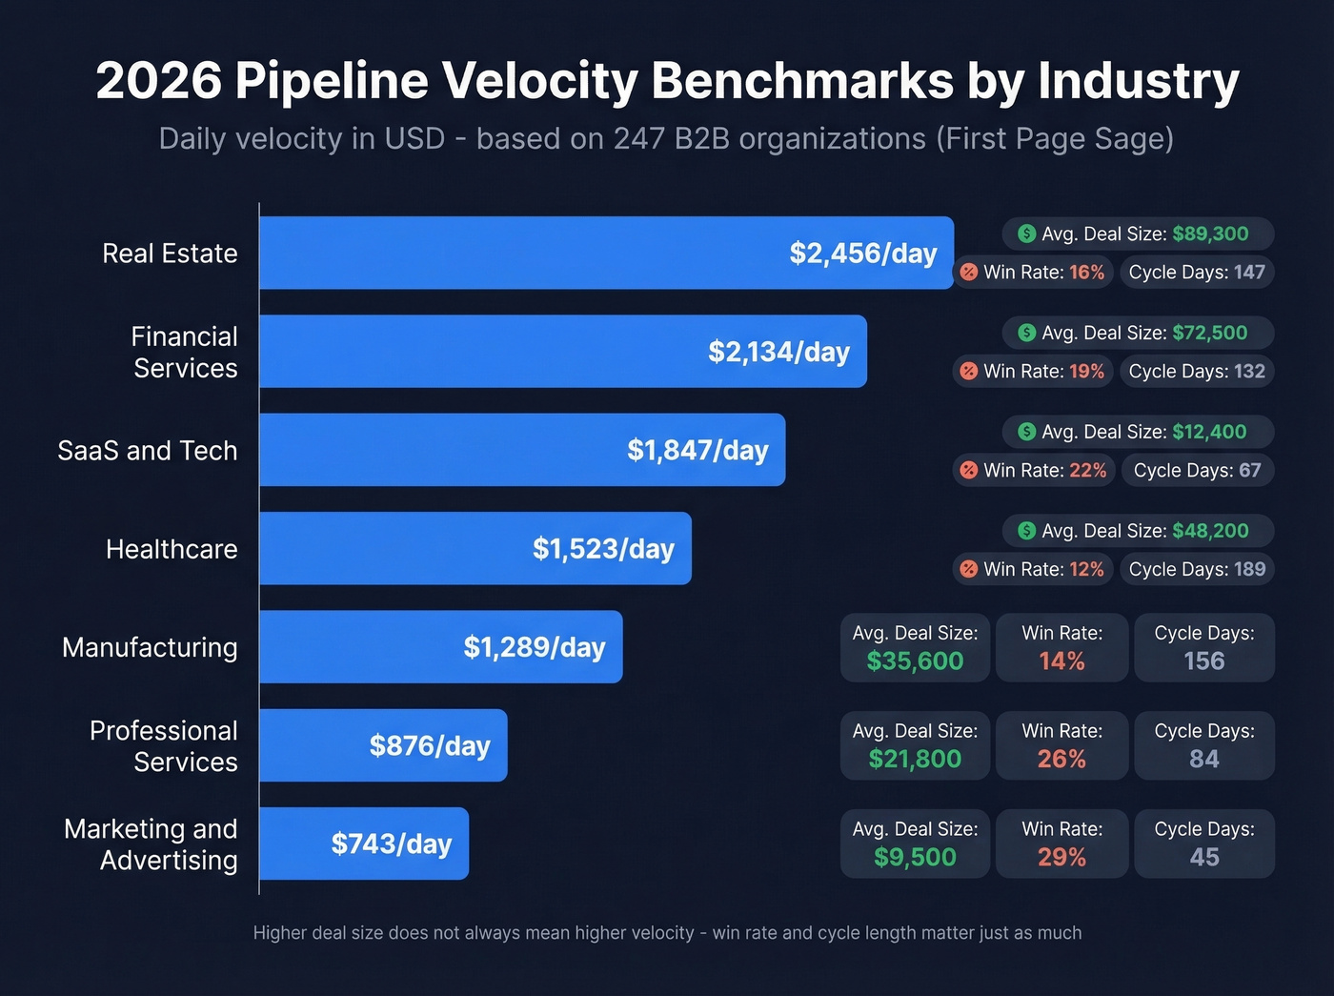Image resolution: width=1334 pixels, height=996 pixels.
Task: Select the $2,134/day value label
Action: pyautogui.click(x=778, y=352)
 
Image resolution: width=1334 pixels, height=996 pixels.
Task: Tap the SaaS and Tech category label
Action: pyautogui.click(x=147, y=450)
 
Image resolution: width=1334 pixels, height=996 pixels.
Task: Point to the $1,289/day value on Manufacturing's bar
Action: pyautogui.click(x=534, y=647)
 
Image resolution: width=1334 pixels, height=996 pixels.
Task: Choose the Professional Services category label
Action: pyautogui.click(x=164, y=745)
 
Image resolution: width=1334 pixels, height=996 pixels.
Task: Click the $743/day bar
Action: pyautogui.click(x=364, y=844)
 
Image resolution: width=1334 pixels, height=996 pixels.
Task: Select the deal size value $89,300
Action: pyautogui.click(x=1210, y=234)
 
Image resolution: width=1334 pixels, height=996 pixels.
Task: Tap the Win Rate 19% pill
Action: pyautogui.click(x=1033, y=371)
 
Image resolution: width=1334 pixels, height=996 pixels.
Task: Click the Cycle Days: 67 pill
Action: pyautogui.click(x=1197, y=470)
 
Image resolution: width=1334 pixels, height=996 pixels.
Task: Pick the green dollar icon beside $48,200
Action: pyautogui.click(x=1026, y=531)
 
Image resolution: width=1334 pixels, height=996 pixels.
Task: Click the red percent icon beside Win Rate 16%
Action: pyautogui.click(x=968, y=272)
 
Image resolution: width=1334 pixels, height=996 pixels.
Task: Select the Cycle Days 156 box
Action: pyautogui.click(x=1203, y=647)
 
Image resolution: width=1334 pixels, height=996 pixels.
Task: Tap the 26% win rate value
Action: pyautogui.click(x=1061, y=760)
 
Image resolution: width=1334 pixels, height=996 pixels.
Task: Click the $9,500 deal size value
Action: pyautogui.click(x=915, y=858)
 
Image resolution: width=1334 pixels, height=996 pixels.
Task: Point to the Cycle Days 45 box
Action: pyautogui.click(x=1203, y=844)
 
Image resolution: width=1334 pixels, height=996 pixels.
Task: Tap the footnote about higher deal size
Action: pyautogui.click(x=667, y=933)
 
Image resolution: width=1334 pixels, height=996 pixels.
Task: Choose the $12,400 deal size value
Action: pyautogui.click(x=1209, y=432)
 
